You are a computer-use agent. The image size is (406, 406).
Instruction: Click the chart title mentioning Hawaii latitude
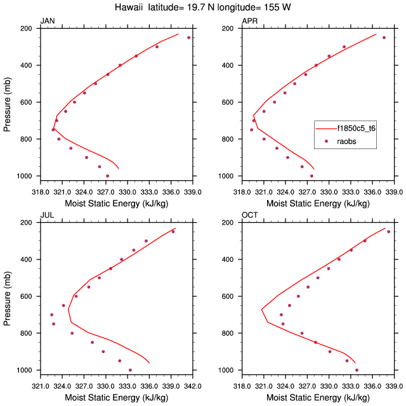click(x=203, y=7)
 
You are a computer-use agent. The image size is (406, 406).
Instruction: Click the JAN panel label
click(x=48, y=21)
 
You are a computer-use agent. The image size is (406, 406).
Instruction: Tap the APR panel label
click(x=250, y=21)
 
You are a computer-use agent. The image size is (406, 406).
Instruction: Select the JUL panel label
click(x=47, y=215)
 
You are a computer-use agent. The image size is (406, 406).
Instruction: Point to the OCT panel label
click(x=250, y=215)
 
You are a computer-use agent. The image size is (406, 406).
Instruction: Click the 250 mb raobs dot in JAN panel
click(x=188, y=37)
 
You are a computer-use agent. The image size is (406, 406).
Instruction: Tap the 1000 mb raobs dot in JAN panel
click(x=107, y=176)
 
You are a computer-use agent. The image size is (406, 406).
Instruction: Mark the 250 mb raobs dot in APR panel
click(x=384, y=37)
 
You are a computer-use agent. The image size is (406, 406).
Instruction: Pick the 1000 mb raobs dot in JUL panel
click(x=130, y=370)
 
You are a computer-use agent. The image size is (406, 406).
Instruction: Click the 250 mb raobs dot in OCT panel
click(x=389, y=232)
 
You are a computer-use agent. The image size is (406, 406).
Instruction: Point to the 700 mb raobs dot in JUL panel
click(x=52, y=315)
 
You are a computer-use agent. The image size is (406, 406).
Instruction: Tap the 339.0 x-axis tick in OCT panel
click(x=395, y=384)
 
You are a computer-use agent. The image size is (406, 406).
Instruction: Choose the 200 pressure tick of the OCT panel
click(x=230, y=223)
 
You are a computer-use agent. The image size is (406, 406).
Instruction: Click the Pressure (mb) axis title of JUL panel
click(x=8, y=296)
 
